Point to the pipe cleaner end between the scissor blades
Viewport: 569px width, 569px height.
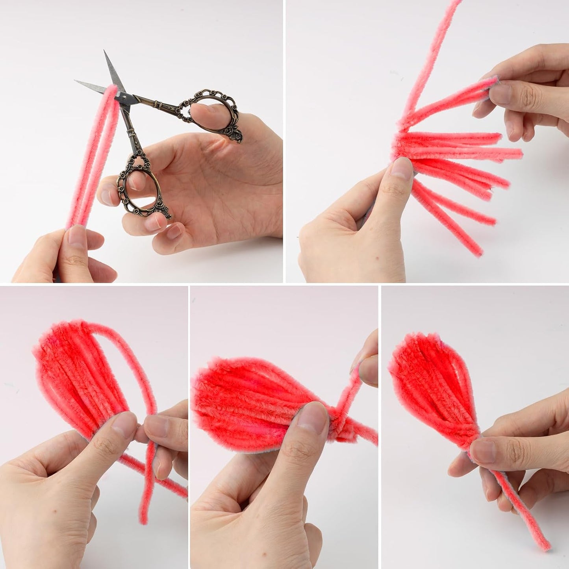click(x=112, y=90)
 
